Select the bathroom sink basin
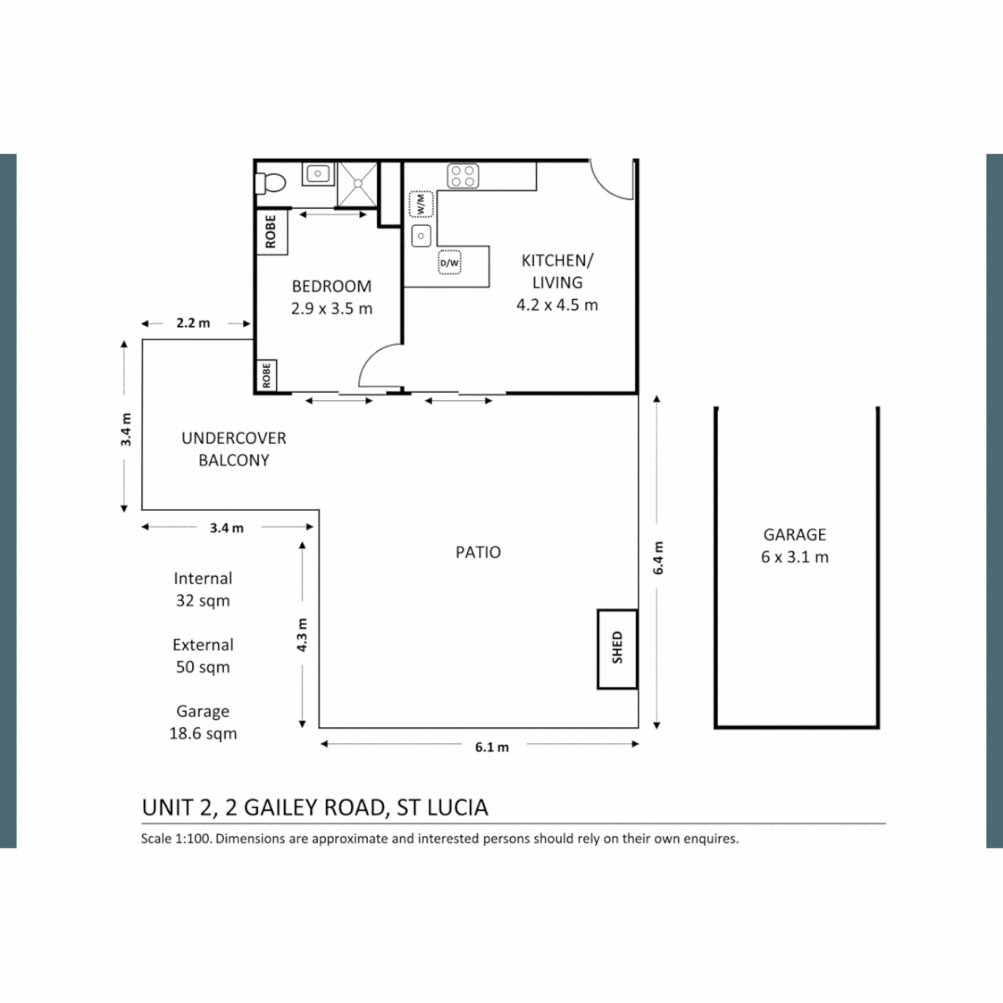pos(318,174)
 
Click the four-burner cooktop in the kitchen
pos(462,176)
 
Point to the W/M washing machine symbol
pos(421,203)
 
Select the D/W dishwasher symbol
pos(449,264)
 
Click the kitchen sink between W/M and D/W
pos(421,235)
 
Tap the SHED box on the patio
pos(617,648)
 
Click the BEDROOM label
pos(332,286)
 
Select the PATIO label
pos(478,553)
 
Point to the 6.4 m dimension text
pos(658,560)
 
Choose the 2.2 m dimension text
pos(193,324)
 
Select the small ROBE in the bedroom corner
pos(267,376)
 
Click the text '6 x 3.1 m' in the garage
pos(795,557)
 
